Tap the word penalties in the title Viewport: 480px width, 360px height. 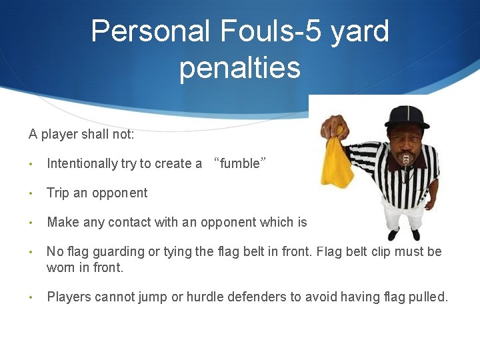pos(240,68)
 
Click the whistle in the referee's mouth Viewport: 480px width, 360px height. pos(406,159)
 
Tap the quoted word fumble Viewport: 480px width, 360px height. pos(240,164)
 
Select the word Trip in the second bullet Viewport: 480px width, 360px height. pos(57,193)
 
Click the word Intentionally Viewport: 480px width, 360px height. pos(82,164)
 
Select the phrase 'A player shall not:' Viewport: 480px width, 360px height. pos(81,135)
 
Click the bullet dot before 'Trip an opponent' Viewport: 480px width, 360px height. pos(31,194)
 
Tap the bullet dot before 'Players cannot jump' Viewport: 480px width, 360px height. pos(31,298)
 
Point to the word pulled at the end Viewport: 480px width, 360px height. pos(429,297)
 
